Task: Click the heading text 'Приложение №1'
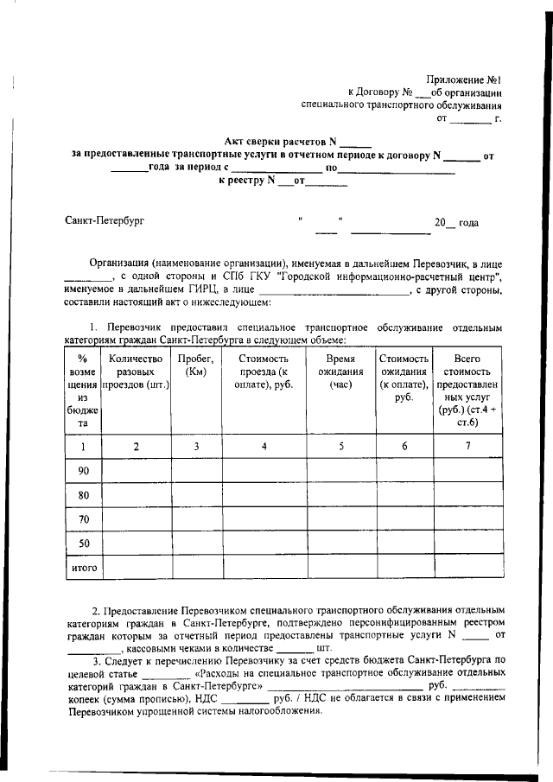pyautogui.click(x=467, y=79)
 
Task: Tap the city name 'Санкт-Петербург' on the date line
pyautogui.click(x=105, y=221)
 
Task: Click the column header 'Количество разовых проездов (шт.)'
pyautogui.click(x=136, y=372)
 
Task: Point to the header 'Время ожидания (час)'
pyautogui.click(x=340, y=372)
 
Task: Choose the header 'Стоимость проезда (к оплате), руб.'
pyautogui.click(x=264, y=372)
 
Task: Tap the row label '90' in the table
pyautogui.click(x=84, y=470)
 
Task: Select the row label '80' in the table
pyautogui.click(x=84, y=495)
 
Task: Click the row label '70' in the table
pyautogui.click(x=84, y=519)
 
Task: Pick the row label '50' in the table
pyautogui.click(x=84, y=544)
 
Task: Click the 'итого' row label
pyautogui.click(x=84, y=568)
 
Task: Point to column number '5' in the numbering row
pyautogui.click(x=340, y=446)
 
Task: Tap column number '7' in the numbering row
pyautogui.click(x=467, y=446)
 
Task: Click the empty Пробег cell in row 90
pyautogui.click(x=196, y=470)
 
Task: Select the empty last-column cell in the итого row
pyautogui.click(x=467, y=568)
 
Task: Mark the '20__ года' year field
pyautogui.click(x=456, y=223)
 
